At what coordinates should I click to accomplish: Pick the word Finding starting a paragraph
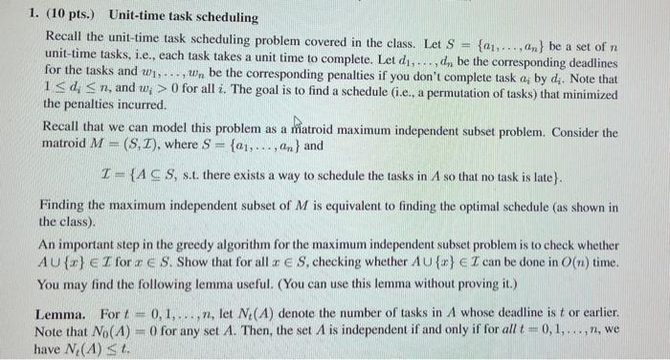click(64, 206)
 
